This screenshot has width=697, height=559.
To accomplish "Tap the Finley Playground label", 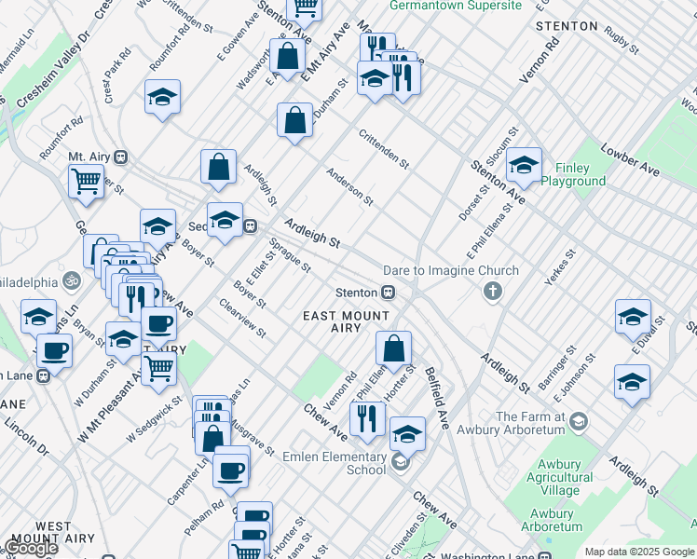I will click(573, 174).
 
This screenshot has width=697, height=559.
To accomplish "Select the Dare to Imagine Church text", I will click(451, 271).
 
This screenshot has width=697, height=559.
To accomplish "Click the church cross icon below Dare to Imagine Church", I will click(492, 293).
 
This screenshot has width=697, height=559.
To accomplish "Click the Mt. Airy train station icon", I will click(121, 158).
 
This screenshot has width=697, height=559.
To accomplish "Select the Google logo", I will click(31, 548).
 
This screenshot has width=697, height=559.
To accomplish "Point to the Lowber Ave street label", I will click(630, 159).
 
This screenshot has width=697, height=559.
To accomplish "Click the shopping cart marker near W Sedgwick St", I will click(159, 368).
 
